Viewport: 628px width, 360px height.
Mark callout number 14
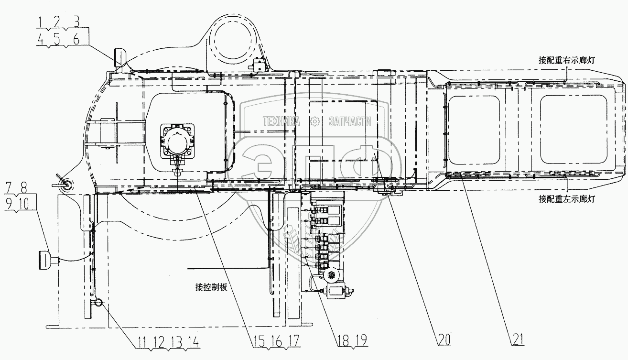click(195, 342)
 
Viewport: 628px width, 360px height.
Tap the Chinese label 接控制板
click(210, 287)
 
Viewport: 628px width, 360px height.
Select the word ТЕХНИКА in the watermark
click(280, 122)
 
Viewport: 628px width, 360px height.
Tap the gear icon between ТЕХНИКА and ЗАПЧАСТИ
click(314, 122)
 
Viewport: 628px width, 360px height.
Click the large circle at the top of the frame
click(233, 34)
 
